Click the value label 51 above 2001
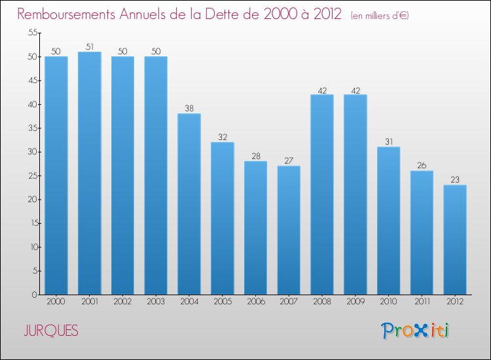coord(90,46)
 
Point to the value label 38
coord(189,109)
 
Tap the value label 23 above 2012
coord(455,180)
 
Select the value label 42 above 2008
coord(322,90)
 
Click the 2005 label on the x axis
coord(223,302)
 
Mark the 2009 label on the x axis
coord(355,302)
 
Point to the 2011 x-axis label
coord(422,302)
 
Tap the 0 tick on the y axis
coord(33,295)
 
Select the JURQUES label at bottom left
coord(51,331)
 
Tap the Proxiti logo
coord(415,331)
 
